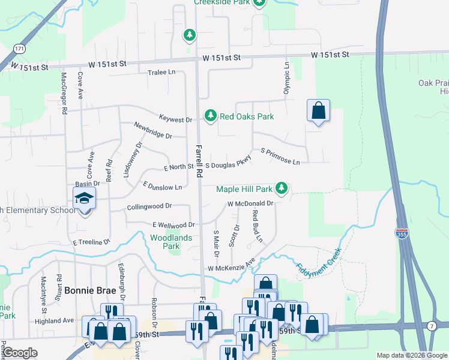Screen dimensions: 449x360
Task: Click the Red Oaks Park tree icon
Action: click(x=210, y=115)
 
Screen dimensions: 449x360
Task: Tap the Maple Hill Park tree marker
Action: click(x=281, y=188)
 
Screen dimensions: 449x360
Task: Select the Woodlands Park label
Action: click(x=171, y=242)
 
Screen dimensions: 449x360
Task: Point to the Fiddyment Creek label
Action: click(x=319, y=263)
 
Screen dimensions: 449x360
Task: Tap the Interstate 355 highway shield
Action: click(x=401, y=233)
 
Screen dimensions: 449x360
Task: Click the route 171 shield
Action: click(x=20, y=47)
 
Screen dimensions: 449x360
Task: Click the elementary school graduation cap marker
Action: click(x=85, y=199)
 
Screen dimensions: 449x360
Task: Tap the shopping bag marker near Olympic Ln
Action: click(x=318, y=111)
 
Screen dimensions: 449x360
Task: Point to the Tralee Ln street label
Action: click(x=161, y=73)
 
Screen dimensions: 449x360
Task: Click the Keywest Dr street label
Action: click(x=175, y=119)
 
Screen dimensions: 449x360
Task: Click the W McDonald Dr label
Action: click(x=250, y=203)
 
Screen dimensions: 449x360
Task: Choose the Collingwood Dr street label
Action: click(x=149, y=207)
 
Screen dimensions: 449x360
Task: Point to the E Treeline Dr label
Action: click(x=92, y=242)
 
